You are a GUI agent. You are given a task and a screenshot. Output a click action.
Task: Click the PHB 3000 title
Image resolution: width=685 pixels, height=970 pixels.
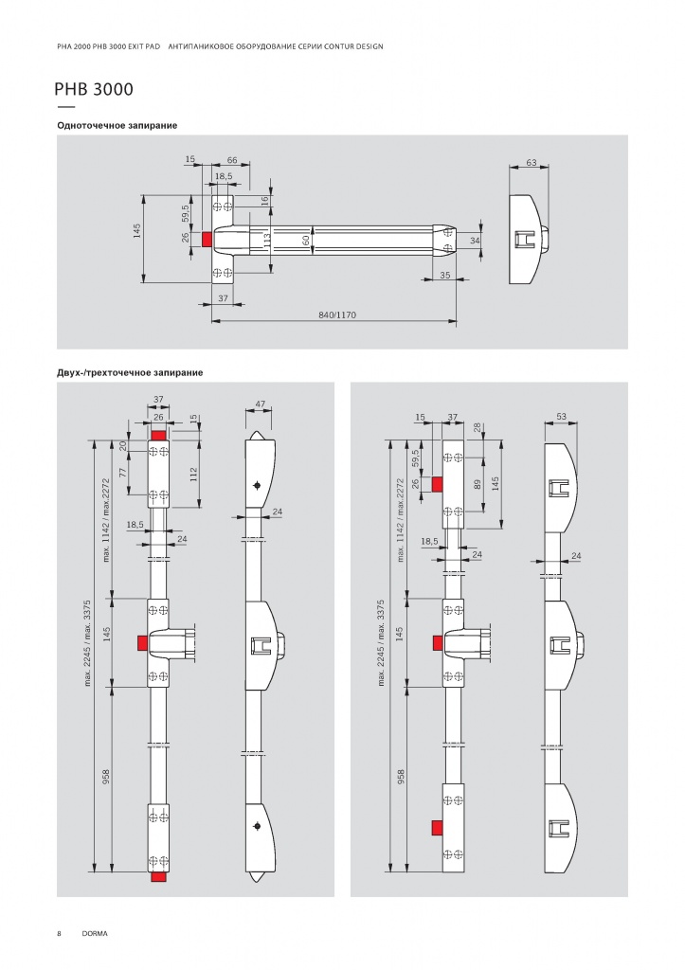point(94,89)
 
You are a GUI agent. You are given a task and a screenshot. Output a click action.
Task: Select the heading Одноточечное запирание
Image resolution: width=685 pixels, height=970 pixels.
point(117,126)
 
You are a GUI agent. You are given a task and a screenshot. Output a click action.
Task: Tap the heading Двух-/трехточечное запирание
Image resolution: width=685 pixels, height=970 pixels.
point(130,372)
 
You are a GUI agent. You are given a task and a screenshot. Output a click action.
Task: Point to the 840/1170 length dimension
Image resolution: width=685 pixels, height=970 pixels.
point(337,314)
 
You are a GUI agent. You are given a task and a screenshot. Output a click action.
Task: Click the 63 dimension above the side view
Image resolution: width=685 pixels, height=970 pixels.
point(532,163)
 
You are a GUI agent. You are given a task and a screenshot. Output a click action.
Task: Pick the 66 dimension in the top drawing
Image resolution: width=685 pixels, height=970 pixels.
point(232,160)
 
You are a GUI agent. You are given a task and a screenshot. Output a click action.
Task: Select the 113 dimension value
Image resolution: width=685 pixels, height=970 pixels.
point(266,240)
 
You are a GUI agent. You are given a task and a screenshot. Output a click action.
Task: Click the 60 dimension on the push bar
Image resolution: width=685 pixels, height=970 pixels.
point(306,240)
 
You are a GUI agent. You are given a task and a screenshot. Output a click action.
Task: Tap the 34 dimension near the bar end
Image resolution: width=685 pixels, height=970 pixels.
point(476,240)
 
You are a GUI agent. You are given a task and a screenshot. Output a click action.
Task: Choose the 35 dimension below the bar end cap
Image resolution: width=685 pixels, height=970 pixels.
point(445,276)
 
